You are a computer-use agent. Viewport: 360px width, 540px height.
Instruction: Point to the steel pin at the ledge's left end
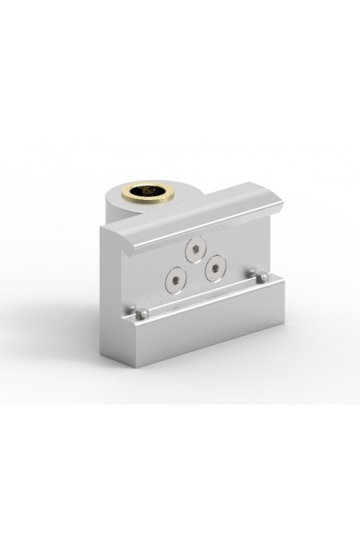point(140,316)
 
